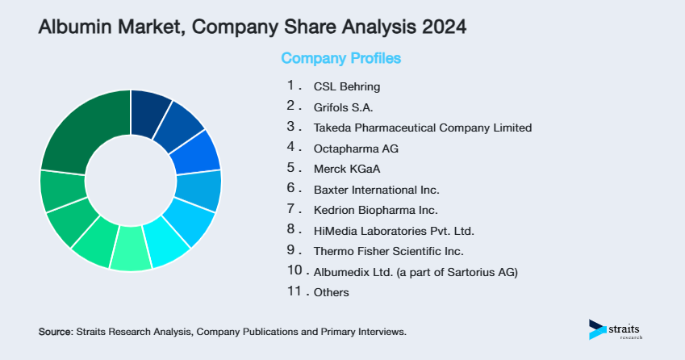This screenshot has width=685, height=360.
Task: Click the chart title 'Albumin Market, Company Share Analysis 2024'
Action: [x=252, y=27]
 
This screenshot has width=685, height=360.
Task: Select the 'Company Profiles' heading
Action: [x=340, y=58]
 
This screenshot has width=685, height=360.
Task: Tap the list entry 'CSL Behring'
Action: [x=346, y=86]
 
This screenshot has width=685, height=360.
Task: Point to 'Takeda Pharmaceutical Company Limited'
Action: [x=423, y=128]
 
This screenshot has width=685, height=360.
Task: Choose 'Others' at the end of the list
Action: [x=331, y=292]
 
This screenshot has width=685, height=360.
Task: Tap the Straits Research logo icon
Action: [x=597, y=329]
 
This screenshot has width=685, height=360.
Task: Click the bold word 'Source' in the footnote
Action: [x=55, y=332]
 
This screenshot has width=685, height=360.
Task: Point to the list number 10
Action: [x=294, y=270]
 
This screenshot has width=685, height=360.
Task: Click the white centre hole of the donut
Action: [x=130, y=180]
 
